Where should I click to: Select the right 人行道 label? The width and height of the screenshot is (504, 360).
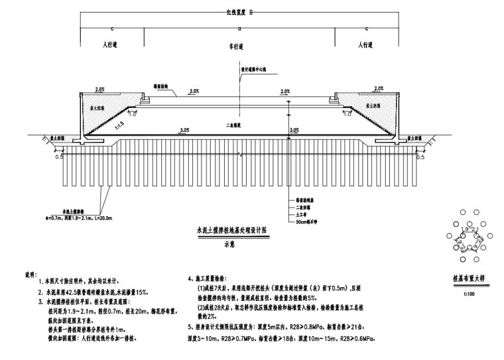pos(367,46)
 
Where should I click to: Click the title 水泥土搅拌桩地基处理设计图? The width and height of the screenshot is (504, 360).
pos(230,227)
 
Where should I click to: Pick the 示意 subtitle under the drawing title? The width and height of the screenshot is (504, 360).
pos(230,243)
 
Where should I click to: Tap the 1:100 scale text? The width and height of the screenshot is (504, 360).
pos(468,292)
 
